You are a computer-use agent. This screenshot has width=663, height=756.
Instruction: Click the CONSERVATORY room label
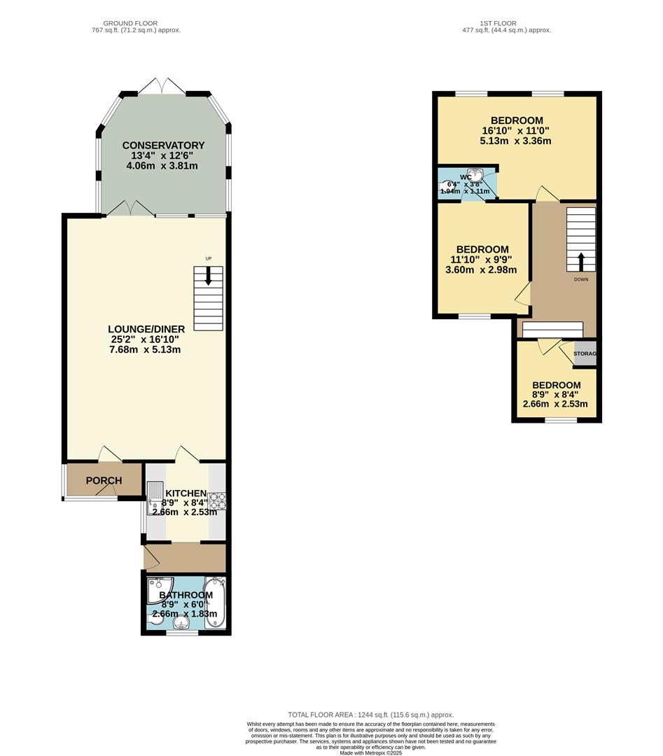[163, 145]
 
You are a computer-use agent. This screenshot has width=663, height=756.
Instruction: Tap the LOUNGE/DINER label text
[146, 329]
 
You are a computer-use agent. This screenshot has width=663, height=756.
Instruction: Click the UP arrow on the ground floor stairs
[208, 277]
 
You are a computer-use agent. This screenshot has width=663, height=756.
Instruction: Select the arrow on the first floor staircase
[580, 262]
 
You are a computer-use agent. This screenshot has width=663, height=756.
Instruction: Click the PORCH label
[104, 481]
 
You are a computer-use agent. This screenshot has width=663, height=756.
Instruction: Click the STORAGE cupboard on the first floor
[585, 353]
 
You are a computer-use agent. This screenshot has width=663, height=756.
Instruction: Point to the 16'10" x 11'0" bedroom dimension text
[517, 130]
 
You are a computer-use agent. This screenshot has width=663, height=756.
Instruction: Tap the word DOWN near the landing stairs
[580, 279]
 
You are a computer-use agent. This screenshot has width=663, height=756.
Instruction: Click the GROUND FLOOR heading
[131, 23]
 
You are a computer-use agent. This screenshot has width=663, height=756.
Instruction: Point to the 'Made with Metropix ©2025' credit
[370, 752]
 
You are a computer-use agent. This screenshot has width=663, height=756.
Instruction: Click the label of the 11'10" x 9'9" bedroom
[482, 250]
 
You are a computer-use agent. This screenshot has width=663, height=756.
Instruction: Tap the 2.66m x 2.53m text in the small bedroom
[555, 404]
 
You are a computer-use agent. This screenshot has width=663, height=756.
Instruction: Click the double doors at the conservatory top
[162, 86]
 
